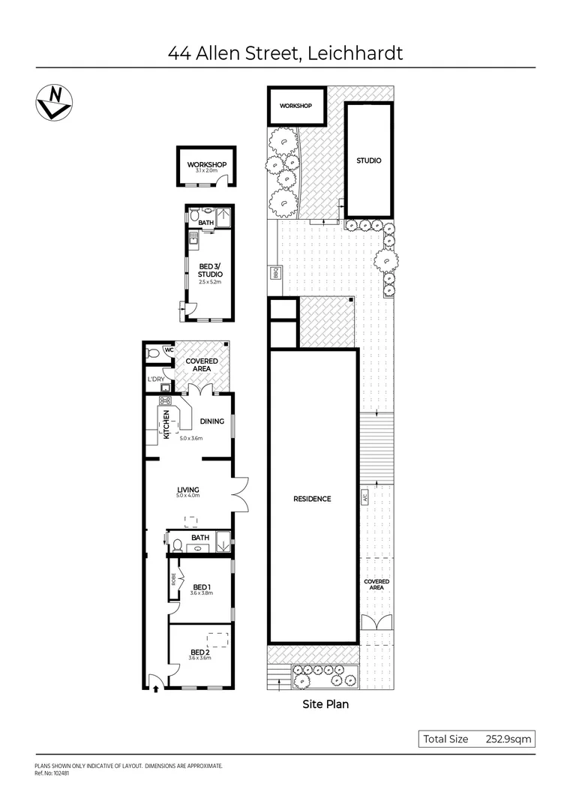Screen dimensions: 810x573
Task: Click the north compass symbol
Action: pyautogui.click(x=54, y=101)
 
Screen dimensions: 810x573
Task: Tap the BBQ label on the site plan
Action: pyautogui.click(x=275, y=274)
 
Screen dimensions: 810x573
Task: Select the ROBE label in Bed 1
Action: pyautogui.click(x=173, y=578)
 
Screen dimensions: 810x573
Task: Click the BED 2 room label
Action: pyautogui.click(x=199, y=651)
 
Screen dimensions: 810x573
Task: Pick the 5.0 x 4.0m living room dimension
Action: pyautogui.click(x=187, y=496)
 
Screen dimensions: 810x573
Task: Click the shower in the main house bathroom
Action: pyautogui.click(x=223, y=542)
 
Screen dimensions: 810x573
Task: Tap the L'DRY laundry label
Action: pyautogui.click(x=156, y=379)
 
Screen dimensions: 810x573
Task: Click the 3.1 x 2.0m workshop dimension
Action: pyautogui.click(x=206, y=171)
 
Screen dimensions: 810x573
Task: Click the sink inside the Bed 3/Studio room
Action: pyautogui.click(x=193, y=239)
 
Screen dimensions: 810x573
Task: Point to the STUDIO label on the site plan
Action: pyautogui.click(x=368, y=160)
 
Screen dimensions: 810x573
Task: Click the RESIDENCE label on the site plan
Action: pyautogui.click(x=313, y=499)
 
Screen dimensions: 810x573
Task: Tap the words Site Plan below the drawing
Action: pyautogui.click(x=325, y=704)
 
